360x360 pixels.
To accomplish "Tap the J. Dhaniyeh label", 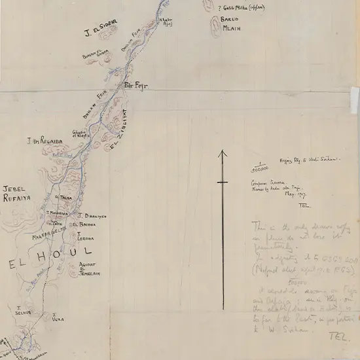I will tap(91, 215).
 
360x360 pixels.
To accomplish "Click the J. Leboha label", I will tap(85, 236).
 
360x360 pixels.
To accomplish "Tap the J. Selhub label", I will tap(23, 310).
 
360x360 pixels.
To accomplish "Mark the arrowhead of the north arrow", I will tap(223, 154).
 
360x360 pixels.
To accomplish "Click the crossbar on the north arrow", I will tap(223, 183).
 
